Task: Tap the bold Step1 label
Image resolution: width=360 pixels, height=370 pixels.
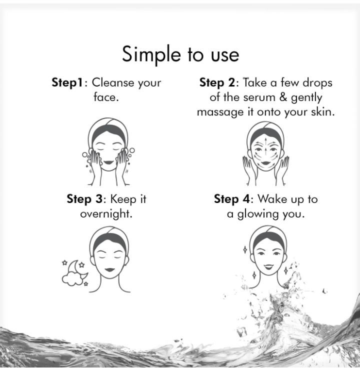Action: [x=67, y=83]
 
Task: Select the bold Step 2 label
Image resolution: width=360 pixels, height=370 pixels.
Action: [x=217, y=83]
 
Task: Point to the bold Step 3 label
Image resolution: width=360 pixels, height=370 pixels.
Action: [x=84, y=199]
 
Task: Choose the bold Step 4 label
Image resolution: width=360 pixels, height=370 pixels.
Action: [x=231, y=199]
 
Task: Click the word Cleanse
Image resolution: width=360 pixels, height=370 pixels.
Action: [x=113, y=82]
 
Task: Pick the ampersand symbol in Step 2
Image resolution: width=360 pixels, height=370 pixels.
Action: [x=283, y=97]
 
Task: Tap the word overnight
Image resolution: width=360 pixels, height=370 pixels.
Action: [x=106, y=214]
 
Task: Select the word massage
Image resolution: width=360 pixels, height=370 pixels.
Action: [x=220, y=112]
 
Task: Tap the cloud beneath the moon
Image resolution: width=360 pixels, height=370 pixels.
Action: [x=72, y=279]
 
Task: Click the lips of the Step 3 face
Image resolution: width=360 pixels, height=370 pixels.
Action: [x=109, y=269]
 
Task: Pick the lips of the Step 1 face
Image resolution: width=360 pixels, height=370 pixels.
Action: [x=108, y=162]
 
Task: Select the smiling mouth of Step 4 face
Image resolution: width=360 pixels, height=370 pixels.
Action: [x=268, y=267]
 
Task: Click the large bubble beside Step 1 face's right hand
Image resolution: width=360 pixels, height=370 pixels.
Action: [x=132, y=150]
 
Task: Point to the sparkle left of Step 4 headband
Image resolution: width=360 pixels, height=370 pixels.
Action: [x=245, y=249]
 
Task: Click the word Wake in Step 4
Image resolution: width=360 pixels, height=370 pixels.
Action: [x=272, y=199]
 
